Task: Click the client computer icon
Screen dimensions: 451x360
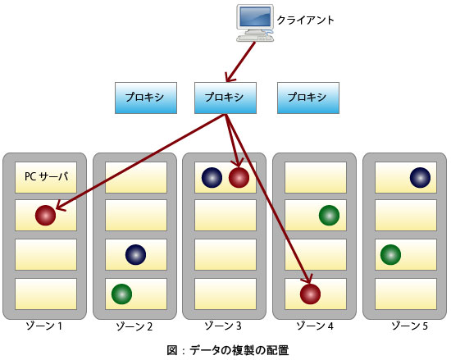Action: click(x=255, y=23)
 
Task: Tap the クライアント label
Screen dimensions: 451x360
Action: click(x=305, y=21)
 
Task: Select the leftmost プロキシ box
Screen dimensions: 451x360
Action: click(x=146, y=98)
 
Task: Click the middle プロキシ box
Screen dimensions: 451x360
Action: click(x=225, y=98)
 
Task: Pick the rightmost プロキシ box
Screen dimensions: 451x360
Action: click(x=308, y=98)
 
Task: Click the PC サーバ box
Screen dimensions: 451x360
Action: click(x=46, y=177)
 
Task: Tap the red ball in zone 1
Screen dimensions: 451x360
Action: click(x=45, y=216)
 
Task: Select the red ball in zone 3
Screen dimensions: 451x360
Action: click(x=239, y=178)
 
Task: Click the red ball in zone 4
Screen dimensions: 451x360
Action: click(x=310, y=294)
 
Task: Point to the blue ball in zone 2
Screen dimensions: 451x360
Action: click(x=136, y=255)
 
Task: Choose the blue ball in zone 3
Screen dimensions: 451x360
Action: click(x=212, y=178)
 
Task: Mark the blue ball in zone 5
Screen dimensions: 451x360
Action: click(x=420, y=178)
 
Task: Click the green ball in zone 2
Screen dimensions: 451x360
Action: click(x=121, y=294)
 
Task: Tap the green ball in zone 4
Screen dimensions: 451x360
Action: click(x=330, y=216)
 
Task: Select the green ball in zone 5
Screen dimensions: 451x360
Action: click(x=390, y=255)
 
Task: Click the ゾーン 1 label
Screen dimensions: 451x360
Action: click(x=44, y=326)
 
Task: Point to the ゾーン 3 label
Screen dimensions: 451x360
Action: click(x=223, y=326)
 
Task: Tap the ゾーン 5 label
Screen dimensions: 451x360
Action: click(x=410, y=326)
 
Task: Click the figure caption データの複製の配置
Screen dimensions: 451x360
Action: click(x=239, y=350)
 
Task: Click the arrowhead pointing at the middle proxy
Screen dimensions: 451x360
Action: click(x=230, y=78)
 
